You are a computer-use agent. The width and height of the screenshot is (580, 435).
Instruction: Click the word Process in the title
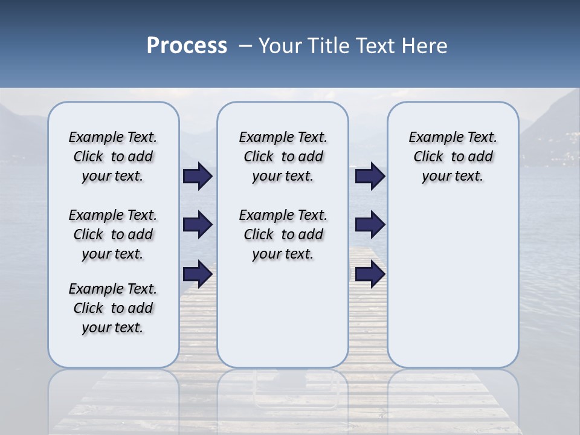(x=187, y=45)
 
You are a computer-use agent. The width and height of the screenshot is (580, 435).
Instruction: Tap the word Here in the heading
(x=424, y=46)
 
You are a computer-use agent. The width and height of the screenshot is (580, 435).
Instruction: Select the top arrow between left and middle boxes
(x=198, y=176)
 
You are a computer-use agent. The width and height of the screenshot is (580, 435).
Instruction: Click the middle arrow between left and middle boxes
(x=198, y=225)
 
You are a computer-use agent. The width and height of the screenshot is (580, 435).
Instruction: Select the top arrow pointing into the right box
(x=370, y=176)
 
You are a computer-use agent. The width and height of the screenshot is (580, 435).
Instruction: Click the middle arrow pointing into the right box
(x=370, y=225)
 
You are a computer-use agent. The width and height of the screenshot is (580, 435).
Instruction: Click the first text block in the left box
(x=113, y=156)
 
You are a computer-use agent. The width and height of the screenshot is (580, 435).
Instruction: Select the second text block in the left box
(x=113, y=234)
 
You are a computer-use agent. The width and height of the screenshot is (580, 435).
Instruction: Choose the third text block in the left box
(x=113, y=308)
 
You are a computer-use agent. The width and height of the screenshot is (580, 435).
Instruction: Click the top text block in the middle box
(x=283, y=156)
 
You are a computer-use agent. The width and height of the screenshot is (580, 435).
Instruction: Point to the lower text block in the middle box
(x=283, y=234)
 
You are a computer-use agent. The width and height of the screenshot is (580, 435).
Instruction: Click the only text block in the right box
(x=453, y=156)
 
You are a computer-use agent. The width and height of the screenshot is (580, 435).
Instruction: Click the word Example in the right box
(x=431, y=138)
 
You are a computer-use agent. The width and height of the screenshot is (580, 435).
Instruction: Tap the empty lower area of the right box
(x=453, y=278)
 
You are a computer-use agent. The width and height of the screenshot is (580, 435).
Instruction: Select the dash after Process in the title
(x=245, y=46)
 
